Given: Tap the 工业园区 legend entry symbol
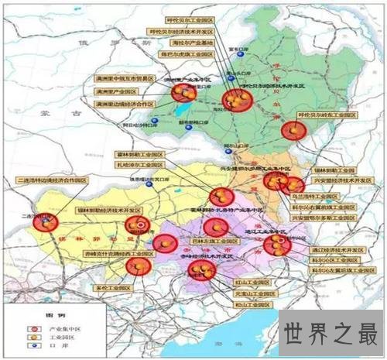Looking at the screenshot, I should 29,338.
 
